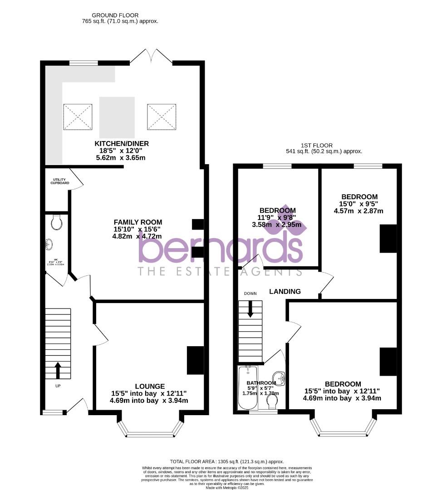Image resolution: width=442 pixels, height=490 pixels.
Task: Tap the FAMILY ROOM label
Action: [x=138, y=222]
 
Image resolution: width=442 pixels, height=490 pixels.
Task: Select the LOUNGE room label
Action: [x=149, y=386]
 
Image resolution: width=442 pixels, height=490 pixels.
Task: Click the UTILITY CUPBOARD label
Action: [x=60, y=181]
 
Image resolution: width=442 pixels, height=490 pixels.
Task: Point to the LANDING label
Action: [x=285, y=291]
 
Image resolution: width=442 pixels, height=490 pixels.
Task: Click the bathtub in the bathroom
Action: [x=247, y=388]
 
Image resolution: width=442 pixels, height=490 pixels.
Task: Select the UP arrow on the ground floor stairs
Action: [x=58, y=370]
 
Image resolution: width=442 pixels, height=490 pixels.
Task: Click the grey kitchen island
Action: [x=117, y=117]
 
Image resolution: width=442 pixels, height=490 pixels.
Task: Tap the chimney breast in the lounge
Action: [x=195, y=360]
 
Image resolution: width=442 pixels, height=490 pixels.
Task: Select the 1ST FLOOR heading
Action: [x=324, y=145]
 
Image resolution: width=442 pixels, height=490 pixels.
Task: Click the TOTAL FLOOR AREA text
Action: [x=226, y=461]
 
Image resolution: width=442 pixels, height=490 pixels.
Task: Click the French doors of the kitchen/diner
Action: [x=151, y=56]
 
